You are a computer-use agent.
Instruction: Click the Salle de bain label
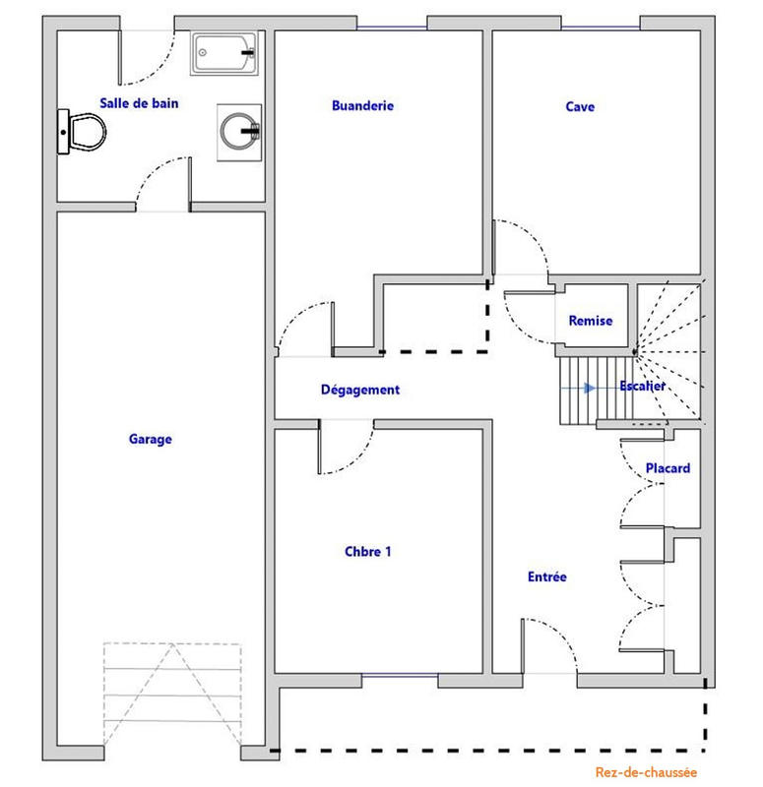(x=139, y=102)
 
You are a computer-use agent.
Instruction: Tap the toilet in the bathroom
(x=82, y=131)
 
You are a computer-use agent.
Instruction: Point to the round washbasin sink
(x=239, y=130)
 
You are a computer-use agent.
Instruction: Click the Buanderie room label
(x=362, y=105)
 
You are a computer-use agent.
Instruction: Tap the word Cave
(x=580, y=106)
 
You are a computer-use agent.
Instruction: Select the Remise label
(x=591, y=321)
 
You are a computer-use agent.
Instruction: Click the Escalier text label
(x=643, y=387)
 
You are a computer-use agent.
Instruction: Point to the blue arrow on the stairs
(x=587, y=388)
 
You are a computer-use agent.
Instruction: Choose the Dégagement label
(x=360, y=390)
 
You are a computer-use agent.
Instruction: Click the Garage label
(x=150, y=440)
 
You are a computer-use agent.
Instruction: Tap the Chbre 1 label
(x=368, y=552)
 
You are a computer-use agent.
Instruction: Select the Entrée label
(x=546, y=577)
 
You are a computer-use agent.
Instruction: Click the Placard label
(x=668, y=468)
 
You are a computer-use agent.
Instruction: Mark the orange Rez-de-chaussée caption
(x=646, y=773)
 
